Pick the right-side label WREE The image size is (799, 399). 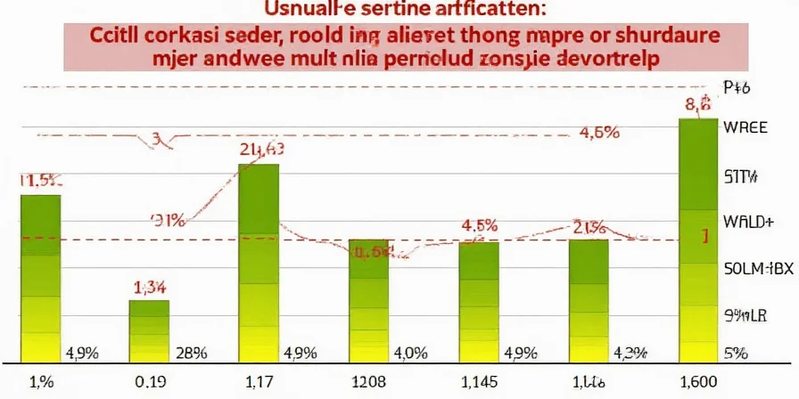(746, 127)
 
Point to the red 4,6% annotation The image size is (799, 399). (599, 134)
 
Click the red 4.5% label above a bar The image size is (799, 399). (479, 225)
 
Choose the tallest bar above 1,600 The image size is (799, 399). (698, 240)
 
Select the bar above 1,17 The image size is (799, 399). (259, 263)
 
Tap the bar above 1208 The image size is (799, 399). (368, 300)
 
